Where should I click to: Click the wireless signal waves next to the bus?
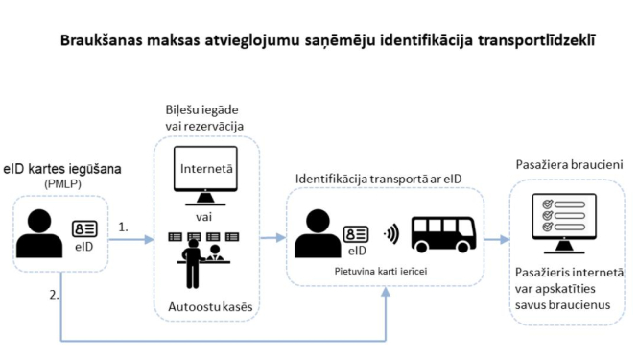pos(390,233)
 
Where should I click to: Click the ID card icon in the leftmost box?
pos(84,228)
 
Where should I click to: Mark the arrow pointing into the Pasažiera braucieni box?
pos(496,239)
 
